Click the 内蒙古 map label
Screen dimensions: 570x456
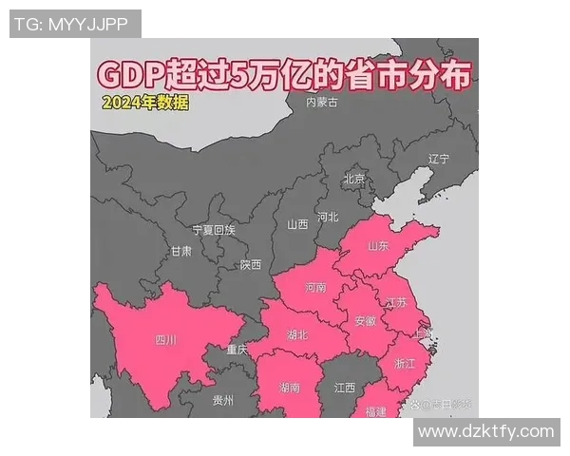(320, 102)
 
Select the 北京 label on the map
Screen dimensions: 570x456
(353, 179)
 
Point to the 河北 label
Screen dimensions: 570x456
(327, 217)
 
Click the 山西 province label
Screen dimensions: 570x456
(297, 225)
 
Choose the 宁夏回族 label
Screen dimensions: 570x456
(213, 230)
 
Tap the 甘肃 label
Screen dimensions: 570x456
(180, 252)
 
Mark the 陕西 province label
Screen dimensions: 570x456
(251, 265)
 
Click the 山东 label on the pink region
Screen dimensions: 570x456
(378, 246)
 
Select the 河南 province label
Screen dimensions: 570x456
(315, 287)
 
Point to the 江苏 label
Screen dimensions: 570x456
(395, 303)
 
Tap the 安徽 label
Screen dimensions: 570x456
(365, 321)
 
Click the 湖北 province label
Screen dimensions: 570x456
(296, 334)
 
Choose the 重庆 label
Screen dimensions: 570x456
(237, 351)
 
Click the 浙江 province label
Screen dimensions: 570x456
(404, 364)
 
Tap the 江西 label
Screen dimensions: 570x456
(344, 388)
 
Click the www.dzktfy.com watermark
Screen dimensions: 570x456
(485, 431)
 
